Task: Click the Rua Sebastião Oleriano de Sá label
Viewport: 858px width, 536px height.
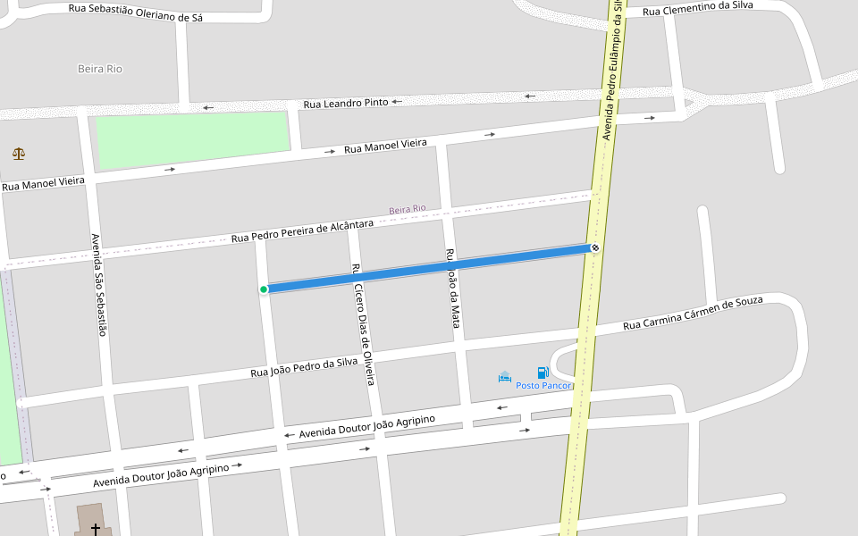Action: (136, 13)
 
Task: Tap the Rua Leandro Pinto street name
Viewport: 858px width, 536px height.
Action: (346, 104)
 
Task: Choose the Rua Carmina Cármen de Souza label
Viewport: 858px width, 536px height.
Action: (693, 314)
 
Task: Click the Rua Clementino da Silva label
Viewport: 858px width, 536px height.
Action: (698, 8)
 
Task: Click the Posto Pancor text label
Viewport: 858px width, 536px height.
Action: (543, 385)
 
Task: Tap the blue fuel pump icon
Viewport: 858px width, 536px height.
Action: (543, 373)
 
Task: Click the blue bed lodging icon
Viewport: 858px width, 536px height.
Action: (505, 377)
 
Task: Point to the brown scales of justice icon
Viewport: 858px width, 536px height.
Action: (19, 154)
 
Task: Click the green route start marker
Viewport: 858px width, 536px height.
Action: (264, 289)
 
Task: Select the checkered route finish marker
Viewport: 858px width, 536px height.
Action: (595, 247)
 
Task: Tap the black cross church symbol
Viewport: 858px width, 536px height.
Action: (96, 529)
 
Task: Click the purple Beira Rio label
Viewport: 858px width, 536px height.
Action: (408, 209)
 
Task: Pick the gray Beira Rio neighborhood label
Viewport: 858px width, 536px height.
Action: (100, 69)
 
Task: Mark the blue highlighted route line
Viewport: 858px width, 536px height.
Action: (429, 268)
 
